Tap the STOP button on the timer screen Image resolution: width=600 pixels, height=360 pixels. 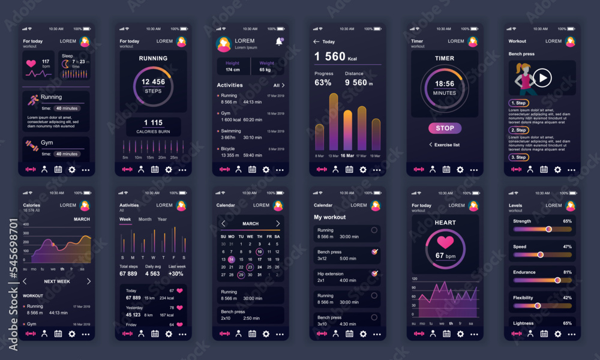(445, 128)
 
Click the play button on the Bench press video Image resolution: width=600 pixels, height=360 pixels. (542, 77)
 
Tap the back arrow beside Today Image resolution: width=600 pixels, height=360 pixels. (316, 41)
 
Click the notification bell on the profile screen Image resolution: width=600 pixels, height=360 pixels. (279, 41)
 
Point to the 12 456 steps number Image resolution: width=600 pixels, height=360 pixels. (153, 82)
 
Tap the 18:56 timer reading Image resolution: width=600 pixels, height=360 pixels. (445, 84)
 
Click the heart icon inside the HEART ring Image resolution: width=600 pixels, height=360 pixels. (445, 242)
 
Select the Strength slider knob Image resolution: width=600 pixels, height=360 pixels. (548, 229)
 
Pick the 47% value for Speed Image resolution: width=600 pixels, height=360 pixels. (567, 247)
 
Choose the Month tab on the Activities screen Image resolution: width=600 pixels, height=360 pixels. (145, 219)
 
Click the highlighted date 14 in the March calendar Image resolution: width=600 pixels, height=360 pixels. (232, 259)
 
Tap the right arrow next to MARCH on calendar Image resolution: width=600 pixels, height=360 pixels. (278, 223)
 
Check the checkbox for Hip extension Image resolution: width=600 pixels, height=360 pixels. (375, 273)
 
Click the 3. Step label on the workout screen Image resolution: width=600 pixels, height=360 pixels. (518, 157)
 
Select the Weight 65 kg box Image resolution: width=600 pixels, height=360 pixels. (267, 67)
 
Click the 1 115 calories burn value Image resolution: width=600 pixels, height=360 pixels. (153, 122)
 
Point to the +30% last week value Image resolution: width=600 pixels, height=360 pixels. (176, 274)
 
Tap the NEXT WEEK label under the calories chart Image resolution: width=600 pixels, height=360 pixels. (57, 281)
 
